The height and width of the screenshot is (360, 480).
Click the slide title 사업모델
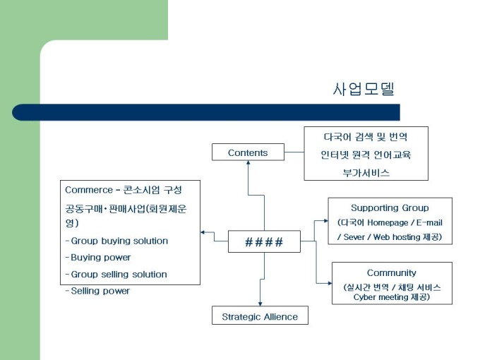[363, 90]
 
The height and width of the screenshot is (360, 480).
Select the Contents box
[248, 152]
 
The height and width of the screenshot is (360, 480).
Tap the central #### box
[264, 242]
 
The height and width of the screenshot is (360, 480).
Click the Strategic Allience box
[260, 316]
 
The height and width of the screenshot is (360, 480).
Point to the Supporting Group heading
[390, 208]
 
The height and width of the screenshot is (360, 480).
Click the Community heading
[391, 273]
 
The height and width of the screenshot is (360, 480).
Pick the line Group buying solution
[119, 241]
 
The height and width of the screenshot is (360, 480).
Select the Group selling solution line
[119, 274]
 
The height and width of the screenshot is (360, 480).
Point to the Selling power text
[100, 291]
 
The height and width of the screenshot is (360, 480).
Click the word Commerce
[88, 190]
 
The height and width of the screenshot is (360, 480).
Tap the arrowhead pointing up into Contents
[248, 164]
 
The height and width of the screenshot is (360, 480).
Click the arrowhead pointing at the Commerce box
[203, 232]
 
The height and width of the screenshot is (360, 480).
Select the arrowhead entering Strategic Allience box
[260, 304]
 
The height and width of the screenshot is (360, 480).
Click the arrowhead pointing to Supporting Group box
[325, 221]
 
